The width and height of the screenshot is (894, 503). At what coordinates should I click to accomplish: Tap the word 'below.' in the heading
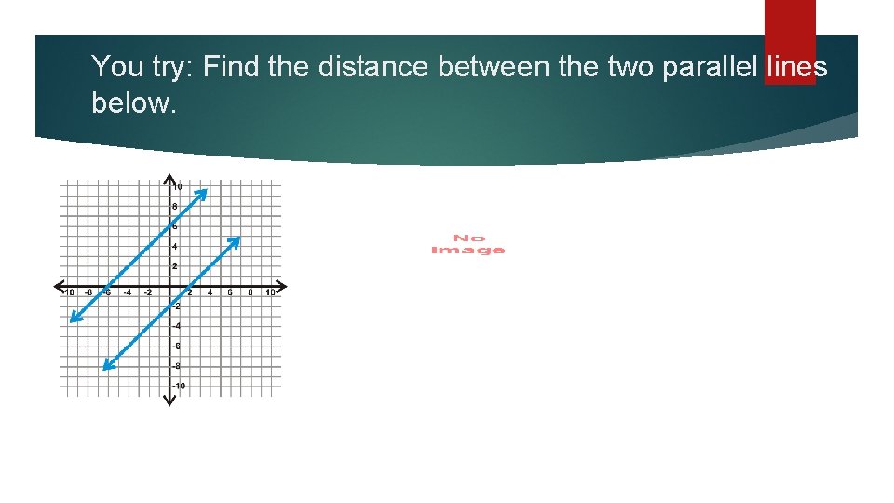[133, 102]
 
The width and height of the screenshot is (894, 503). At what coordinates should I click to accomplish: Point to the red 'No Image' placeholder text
[467, 244]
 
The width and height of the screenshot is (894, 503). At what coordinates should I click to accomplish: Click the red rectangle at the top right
[790, 42]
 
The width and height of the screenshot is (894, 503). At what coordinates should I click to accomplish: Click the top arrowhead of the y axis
[170, 178]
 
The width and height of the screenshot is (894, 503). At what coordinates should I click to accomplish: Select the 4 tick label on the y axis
[175, 246]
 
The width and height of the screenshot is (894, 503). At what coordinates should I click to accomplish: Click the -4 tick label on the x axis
[128, 293]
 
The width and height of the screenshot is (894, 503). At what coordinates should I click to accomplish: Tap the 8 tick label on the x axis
[250, 293]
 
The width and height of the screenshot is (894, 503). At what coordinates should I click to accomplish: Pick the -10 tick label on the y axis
[179, 386]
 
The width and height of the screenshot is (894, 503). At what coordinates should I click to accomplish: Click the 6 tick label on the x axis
[230, 293]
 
